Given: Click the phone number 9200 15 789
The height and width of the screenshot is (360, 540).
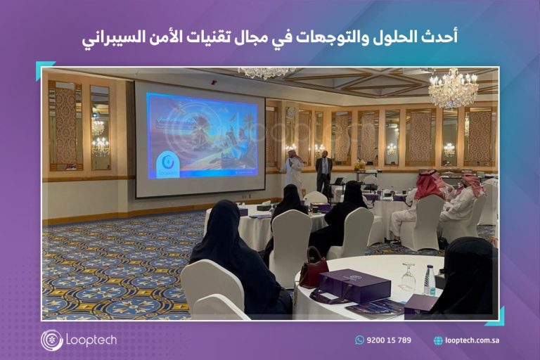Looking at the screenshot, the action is [x=389, y=340].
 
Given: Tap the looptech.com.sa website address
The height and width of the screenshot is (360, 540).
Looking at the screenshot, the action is [x=472, y=340].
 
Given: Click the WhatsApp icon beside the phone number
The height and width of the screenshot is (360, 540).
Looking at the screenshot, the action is [x=359, y=340].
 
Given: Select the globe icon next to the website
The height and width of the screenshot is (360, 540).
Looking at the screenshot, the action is [x=438, y=341].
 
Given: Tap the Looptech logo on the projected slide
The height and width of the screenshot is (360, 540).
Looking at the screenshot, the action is [x=168, y=165].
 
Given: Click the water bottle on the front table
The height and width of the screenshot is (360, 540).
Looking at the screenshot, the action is [x=430, y=280].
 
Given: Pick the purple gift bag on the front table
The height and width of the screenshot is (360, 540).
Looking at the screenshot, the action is [x=354, y=285].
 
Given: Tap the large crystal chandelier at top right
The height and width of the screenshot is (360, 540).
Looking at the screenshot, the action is [x=453, y=88].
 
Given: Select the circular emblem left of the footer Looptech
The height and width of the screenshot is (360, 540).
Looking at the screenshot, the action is [x=51, y=340].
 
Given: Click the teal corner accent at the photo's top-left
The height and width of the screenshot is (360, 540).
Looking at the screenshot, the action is [x=43, y=68].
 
